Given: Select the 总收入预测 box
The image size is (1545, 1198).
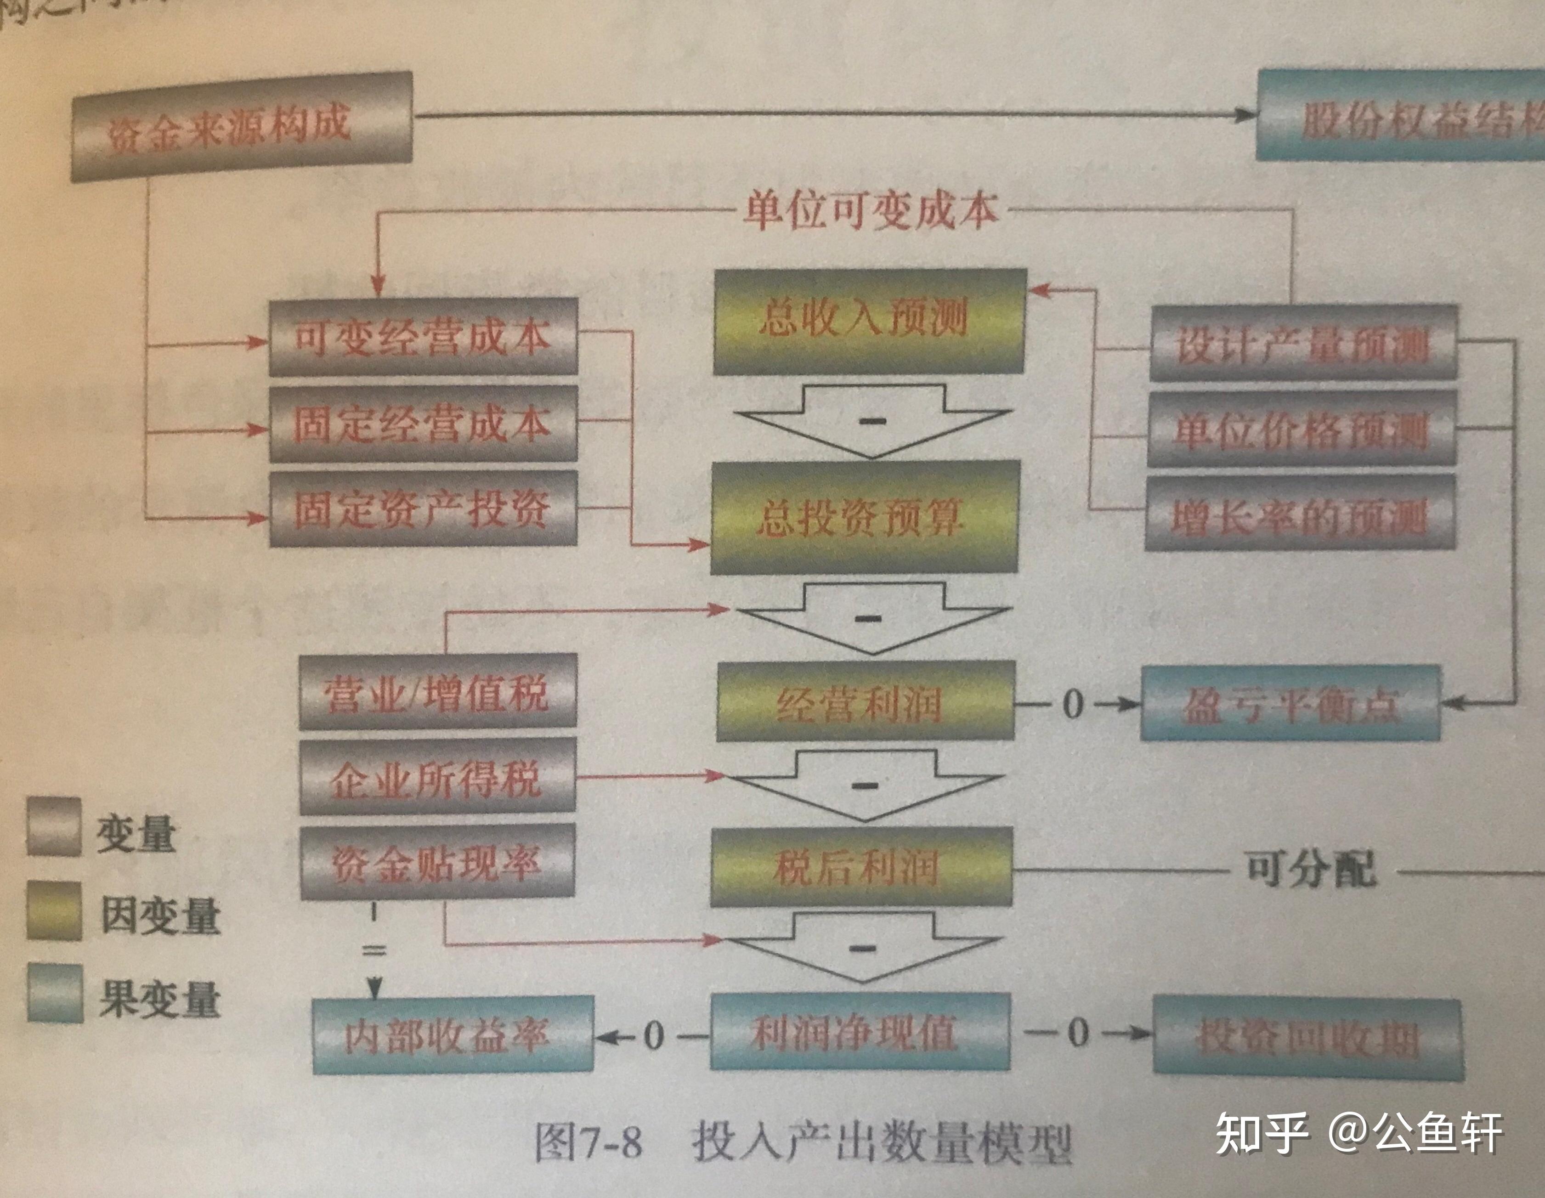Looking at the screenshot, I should click(x=869, y=322).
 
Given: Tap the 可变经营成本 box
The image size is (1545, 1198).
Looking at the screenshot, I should click(x=423, y=337).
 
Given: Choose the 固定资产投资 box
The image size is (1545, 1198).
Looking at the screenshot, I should click(x=423, y=509).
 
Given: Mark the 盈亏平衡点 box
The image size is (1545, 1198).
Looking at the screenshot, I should click(x=1290, y=704).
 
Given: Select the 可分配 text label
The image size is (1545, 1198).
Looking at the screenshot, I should click(x=1310, y=869).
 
